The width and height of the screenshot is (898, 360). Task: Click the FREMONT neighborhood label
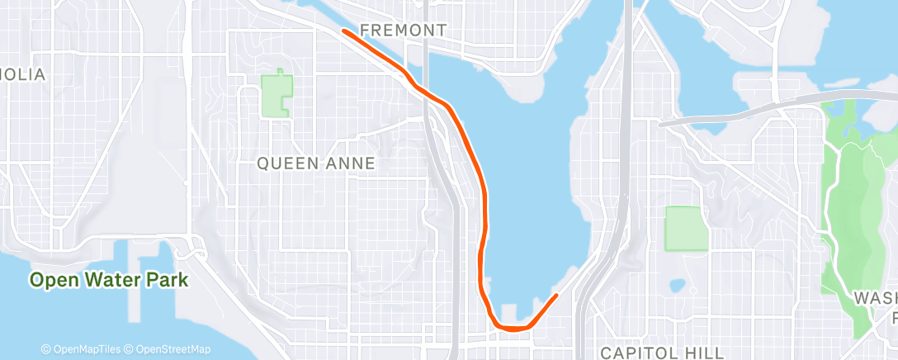point(403,31)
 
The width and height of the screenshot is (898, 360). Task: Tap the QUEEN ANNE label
point(316,163)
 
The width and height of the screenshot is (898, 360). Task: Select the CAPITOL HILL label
point(662,353)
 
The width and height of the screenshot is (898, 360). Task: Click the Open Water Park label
point(109,280)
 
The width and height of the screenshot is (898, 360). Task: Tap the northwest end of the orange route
point(343,31)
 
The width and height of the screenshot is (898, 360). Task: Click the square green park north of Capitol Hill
point(686,228)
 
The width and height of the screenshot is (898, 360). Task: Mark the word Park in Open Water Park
point(168,280)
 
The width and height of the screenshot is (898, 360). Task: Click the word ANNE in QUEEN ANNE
point(351,163)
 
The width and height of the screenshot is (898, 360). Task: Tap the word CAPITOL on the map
point(636,353)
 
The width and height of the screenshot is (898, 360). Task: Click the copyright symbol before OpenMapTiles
point(46,349)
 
